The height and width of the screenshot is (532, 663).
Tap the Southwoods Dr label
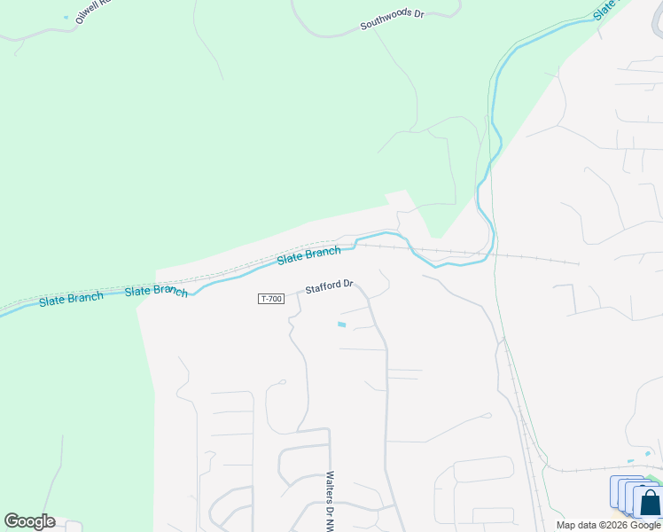coord(392,20)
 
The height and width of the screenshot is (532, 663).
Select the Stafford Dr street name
coord(330,287)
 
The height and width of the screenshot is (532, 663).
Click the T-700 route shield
coord(271,299)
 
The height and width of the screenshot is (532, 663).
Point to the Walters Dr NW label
coord(330,501)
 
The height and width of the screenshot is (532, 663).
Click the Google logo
coord(29,521)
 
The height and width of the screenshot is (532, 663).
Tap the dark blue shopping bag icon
coord(650,503)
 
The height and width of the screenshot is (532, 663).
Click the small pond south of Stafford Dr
coord(341,325)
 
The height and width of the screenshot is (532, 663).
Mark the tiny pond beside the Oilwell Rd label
coord(66,17)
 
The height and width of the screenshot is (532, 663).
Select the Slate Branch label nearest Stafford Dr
coord(308,255)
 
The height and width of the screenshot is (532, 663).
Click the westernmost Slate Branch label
coord(71,299)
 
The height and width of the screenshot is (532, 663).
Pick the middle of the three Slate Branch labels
coord(156,291)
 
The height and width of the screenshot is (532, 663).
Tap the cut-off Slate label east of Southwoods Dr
coord(605,10)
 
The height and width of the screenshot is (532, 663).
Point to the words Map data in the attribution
coord(576,525)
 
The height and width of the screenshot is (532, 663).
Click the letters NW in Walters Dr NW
coord(330,523)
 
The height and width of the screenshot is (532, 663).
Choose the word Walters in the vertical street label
coord(330,485)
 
